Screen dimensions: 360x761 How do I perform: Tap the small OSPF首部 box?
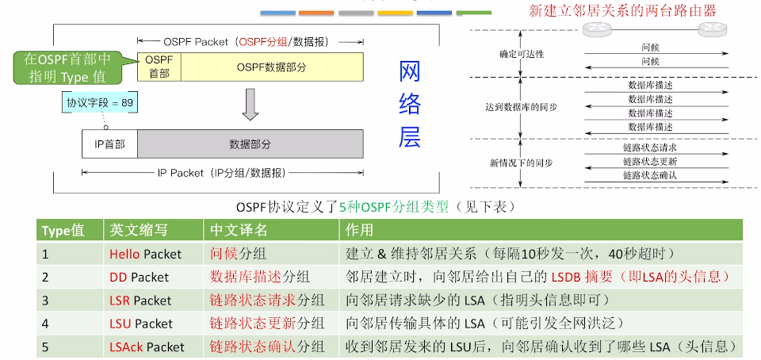[x=159, y=67]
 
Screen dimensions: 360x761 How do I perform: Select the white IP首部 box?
[x=109, y=144]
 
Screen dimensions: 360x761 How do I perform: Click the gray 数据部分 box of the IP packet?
[x=250, y=144]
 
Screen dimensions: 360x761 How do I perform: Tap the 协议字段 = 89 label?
[x=100, y=103]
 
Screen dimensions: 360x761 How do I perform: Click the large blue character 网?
[x=409, y=74]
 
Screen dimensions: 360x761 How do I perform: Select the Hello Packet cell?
[x=146, y=255]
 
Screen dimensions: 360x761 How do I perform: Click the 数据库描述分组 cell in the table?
[x=259, y=278]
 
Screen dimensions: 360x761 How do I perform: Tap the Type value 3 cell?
[x=46, y=301]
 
